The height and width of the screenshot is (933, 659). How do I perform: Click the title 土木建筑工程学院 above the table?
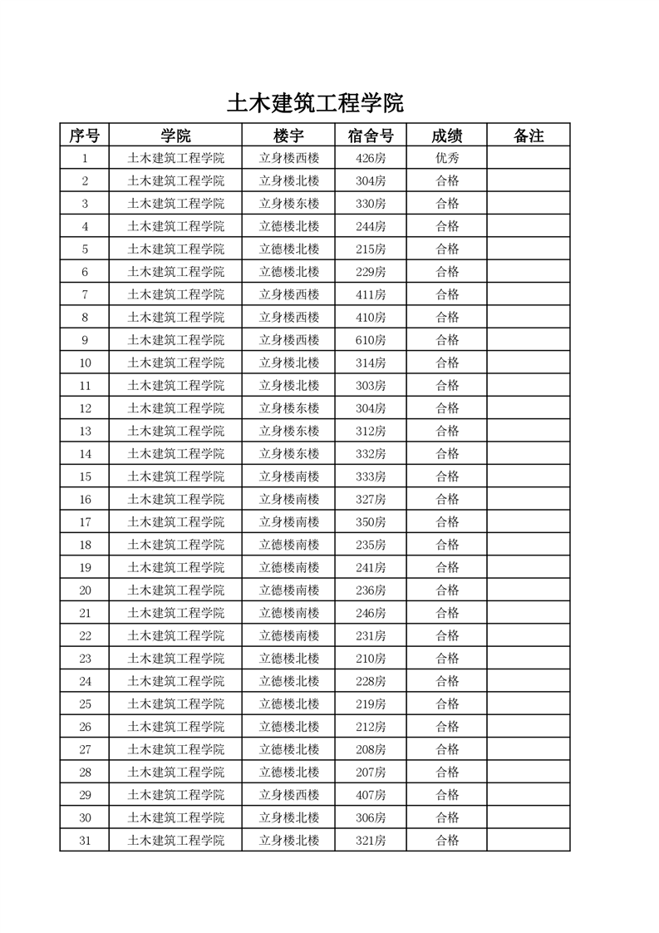pos(315,104)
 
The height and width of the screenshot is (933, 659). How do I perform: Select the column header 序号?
pos(84,136)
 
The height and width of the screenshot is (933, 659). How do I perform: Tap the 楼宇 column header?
pos(288,136)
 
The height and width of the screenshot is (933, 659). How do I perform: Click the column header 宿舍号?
pos(371,136)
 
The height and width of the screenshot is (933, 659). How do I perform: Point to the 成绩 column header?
pos(447,136)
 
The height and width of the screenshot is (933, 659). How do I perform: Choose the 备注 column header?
pos(529,136)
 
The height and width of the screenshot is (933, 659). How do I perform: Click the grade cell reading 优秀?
pos(447,158)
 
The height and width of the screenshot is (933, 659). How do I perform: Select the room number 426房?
pos(371,158)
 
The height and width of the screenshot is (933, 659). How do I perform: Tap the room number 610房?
pos(371,340)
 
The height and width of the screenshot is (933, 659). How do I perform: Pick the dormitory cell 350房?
pos(371,522)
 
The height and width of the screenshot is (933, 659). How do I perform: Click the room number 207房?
pos(371,773)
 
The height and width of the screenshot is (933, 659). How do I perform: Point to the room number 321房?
pos(371,841)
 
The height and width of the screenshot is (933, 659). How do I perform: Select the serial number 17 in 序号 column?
pos(85,522)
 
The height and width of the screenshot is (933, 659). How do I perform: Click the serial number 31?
pos(85,841)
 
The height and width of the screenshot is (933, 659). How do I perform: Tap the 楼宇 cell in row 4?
pos(289,226)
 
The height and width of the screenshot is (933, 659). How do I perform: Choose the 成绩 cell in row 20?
pos(447,590)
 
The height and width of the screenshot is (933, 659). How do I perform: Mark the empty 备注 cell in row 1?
pos(529,158)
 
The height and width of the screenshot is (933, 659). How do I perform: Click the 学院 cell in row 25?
pos(175,704)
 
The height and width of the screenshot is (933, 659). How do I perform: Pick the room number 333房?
pos(371,476)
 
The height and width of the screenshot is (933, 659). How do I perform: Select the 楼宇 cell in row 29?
pos(289,795)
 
